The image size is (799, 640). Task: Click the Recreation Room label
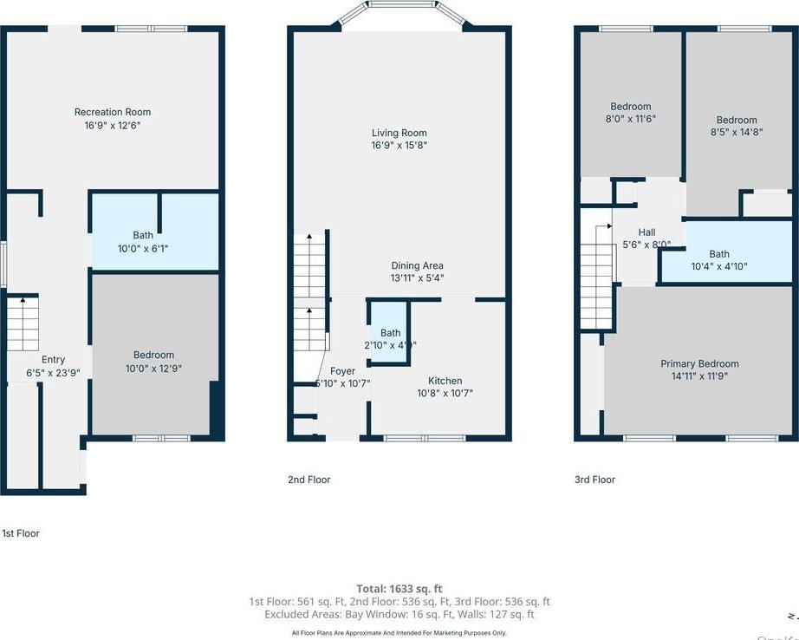click(x=113, y=112)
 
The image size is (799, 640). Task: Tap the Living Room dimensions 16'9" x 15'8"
click(x=399, y=146)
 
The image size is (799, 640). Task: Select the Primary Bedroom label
click(x=699, y=364)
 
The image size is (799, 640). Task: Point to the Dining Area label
click(x=417, y=266)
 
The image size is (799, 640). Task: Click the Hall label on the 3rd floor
click(x=646, y=232)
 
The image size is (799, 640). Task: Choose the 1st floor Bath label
click(x=143, y=235)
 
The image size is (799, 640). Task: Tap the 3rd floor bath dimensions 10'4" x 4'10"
click(x=718, y=267)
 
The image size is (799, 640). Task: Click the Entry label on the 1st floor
click(x=53, y=360)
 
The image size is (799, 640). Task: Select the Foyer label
click(x=342, y=371)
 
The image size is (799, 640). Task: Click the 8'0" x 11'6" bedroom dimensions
click(x=630, y=119)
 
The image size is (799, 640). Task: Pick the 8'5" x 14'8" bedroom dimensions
click(x=736, y=133)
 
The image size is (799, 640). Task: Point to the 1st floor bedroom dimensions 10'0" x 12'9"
click(x=153, y=368)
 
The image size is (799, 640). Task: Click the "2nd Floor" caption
click(x=309, y=480)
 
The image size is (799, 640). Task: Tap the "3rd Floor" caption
click(x=594, y=480)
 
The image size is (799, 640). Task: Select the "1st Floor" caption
click(x=21, y=533)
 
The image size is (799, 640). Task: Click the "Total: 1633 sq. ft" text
click(x=399, y=589)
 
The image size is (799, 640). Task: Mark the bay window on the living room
click(x=399, y=13)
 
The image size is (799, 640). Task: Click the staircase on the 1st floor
click(x=23, y=323)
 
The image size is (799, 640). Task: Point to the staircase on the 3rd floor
click(x=596, y=276)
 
